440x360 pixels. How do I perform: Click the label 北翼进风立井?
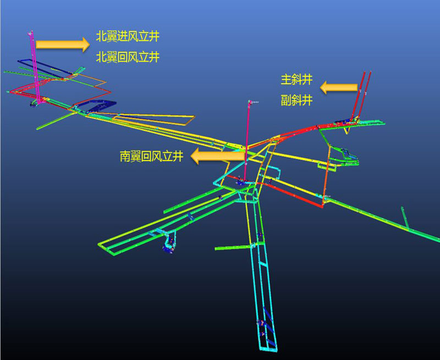point(128,36)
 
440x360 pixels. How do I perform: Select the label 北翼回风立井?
point(128,57)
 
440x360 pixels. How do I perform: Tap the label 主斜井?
point(296,80)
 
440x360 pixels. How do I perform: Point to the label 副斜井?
point(296,100)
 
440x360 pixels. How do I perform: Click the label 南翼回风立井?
point(152,156)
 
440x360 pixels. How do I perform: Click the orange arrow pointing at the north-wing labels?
point(63,45)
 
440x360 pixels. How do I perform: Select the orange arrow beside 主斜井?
point(339,87)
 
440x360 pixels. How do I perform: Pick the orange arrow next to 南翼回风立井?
point(218,156)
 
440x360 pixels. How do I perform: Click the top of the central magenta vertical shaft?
point(249,102)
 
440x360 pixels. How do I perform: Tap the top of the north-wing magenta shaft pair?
point(31,32)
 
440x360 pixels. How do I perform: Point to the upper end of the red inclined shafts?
point(367,73)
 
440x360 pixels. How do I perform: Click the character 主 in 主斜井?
point(286,80)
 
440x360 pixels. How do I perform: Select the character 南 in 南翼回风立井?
point(125,156)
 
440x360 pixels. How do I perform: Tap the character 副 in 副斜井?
point(286,100)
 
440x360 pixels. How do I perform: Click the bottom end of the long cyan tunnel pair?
point(268,348)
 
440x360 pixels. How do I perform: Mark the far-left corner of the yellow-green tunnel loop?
point(99,245)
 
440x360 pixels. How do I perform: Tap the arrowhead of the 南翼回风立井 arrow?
point(195,156)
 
